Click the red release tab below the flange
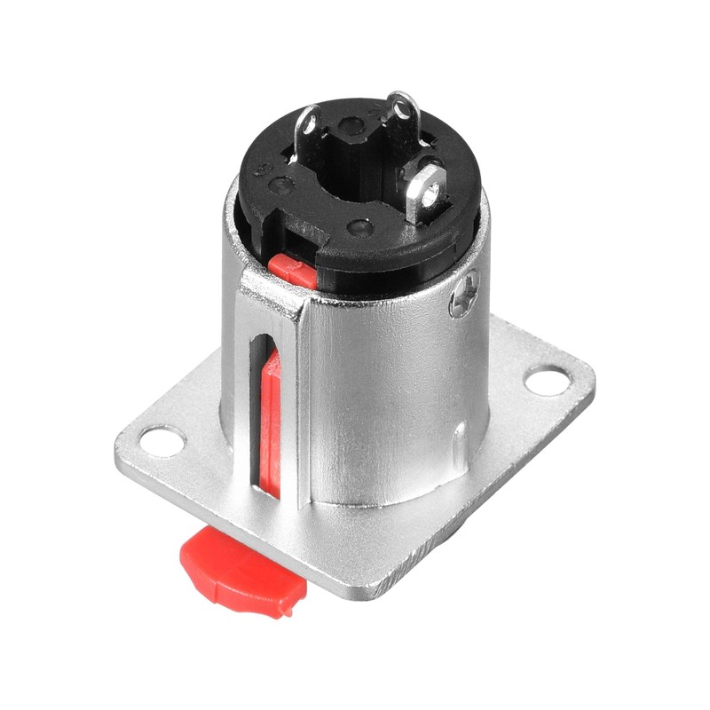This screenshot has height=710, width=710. pos(240,568)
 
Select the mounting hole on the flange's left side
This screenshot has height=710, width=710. pos(162,440)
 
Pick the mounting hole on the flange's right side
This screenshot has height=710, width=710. pos(546,381)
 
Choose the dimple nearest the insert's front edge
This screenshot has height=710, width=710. pos(359,227)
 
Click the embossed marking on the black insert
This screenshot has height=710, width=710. pos(263,169)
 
